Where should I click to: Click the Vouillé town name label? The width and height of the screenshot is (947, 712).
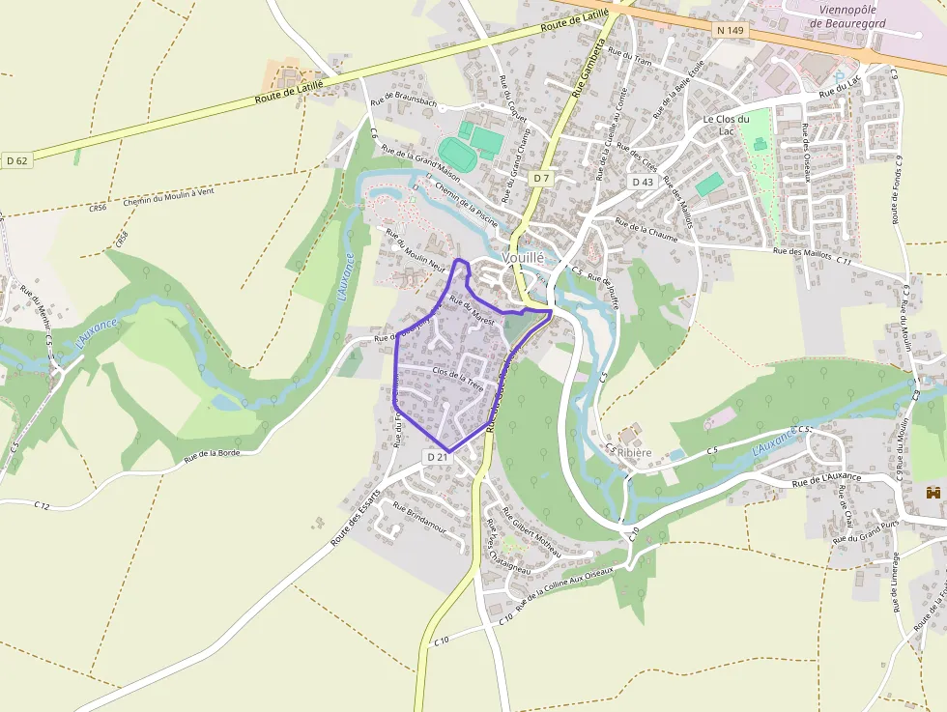523,258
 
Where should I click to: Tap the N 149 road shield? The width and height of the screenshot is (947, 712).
731,30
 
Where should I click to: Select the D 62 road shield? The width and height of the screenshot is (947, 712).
16,160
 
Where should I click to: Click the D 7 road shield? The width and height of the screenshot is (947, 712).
541,178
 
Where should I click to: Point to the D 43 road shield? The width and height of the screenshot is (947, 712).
643,182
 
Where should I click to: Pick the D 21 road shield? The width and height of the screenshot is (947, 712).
437,456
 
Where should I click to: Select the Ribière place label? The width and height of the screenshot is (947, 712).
634,452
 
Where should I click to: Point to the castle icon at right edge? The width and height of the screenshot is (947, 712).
933,493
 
